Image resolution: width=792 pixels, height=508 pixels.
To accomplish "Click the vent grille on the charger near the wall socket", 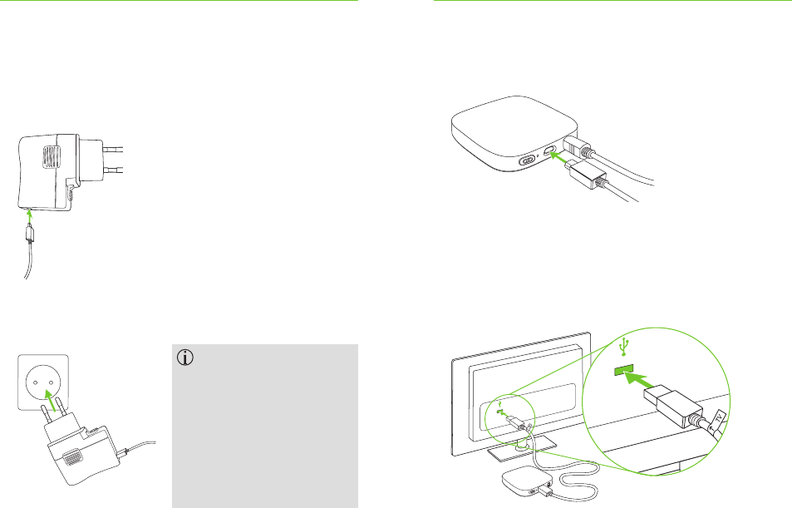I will [x=73, y=456].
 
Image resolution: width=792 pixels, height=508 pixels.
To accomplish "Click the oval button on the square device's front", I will [x=526, y=161].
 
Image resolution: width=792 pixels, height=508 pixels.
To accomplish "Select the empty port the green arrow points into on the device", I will [x=549, y=154].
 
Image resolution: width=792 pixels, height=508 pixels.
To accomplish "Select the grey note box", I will [x=264, y=425].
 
